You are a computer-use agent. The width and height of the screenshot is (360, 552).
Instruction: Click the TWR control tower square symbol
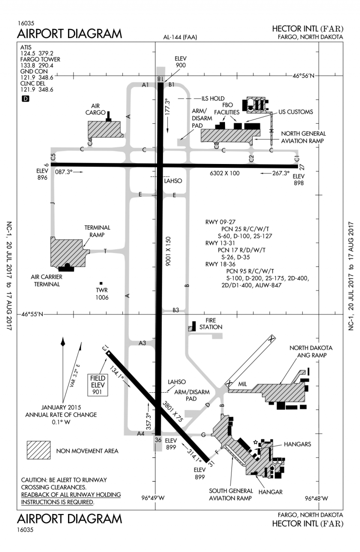point(101,283)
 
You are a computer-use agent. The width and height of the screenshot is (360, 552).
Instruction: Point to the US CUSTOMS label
point(296,112)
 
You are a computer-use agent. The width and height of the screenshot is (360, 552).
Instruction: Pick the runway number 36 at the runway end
point(158,440)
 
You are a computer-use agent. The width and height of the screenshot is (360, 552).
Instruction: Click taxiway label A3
point(142,343)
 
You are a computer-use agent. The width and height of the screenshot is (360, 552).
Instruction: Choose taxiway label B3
point(176,310)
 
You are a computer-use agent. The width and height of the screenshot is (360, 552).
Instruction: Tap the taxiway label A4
point(140,433)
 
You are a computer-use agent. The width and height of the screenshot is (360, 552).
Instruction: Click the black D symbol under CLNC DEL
point(25,99)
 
